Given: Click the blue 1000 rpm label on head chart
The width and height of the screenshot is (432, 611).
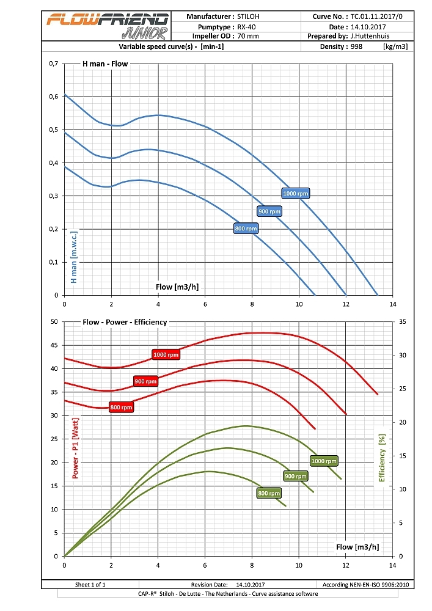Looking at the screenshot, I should click(297, 193).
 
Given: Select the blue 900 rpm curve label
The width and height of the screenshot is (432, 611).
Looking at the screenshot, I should click(269, 211).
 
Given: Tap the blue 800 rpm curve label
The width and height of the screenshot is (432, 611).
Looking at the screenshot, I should click(246, 229).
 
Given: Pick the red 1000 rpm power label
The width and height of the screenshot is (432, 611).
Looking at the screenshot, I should click(166, 354).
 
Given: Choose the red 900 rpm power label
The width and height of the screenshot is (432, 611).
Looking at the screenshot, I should click(145, 381).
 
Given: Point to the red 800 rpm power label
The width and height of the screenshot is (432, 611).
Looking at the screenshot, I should click(121, 407).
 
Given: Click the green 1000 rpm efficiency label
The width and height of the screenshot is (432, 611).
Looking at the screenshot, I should click(324, 461).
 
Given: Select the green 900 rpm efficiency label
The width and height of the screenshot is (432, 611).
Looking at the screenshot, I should click(296, 476).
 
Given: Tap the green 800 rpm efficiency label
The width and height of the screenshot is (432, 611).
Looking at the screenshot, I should click(269, 493).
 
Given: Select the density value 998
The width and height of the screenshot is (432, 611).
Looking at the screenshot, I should click(357, 46).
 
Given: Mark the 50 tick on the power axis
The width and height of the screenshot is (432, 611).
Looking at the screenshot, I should click(53, 322).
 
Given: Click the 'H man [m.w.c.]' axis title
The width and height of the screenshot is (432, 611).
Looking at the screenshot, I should click(74, 257).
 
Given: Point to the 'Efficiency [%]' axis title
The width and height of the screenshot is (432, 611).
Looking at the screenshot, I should click(383, 465).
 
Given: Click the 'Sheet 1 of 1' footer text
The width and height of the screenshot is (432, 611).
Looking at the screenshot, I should click(90, 584).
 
